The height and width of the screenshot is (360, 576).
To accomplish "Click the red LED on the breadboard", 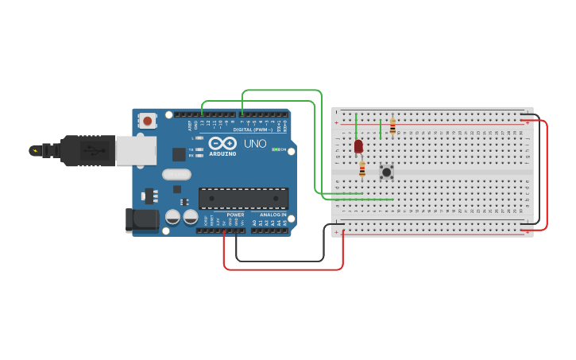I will (358, 146).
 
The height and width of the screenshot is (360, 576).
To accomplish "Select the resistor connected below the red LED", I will (362, 168).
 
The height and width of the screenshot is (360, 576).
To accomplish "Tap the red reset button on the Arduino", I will (147, 120).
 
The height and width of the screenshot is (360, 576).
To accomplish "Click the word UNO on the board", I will (255, 144).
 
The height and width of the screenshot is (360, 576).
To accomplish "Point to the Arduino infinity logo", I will (222, 143).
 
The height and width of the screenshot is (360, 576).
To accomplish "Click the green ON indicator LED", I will (276, 149).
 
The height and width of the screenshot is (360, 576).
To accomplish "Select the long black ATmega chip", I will (243, 198).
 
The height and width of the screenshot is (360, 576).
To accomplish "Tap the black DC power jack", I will (141, 220).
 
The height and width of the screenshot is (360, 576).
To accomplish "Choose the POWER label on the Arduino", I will (235, 215).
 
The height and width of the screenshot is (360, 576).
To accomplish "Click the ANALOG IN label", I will (273, 215).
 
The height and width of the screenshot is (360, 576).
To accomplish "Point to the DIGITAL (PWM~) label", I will (253, 130).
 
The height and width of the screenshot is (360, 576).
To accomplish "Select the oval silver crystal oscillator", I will (176, 174).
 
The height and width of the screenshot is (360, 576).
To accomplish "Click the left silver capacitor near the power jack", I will (172, 216).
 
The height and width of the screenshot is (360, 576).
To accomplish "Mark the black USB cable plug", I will (80, 150).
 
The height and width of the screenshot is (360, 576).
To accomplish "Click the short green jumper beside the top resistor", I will (381, 129).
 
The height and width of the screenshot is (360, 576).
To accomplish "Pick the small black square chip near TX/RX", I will (180, 154).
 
